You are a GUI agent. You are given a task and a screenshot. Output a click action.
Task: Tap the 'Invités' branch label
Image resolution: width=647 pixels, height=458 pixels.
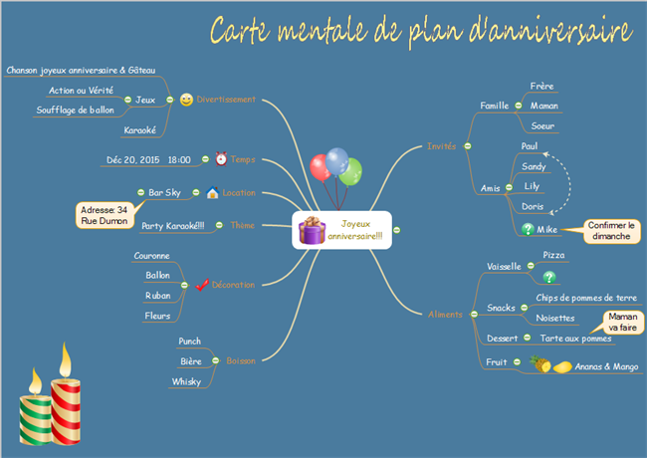(x=441, y=145)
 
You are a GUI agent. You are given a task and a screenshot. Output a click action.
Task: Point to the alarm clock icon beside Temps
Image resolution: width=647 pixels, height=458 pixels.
(x=221, y=159)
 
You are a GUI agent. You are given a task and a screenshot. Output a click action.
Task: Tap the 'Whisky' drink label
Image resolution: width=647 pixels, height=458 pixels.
(x=187, y=381)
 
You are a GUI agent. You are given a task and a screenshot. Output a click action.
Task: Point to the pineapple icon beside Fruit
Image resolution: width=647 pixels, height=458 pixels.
(x=540, y=365)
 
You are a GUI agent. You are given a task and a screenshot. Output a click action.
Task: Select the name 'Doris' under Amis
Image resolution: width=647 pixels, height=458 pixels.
(x=533, y=206)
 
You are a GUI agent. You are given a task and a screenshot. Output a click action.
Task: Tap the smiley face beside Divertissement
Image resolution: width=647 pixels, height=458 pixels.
(x=187, y=100)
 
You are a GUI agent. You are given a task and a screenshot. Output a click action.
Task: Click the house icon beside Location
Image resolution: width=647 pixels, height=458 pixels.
(x=212, y=192)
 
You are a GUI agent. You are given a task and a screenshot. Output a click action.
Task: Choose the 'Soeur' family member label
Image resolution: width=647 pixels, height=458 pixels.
(x=543, y=125)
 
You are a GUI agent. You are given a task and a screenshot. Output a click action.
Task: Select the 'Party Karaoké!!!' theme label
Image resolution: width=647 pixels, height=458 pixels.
(x=172, y=225)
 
